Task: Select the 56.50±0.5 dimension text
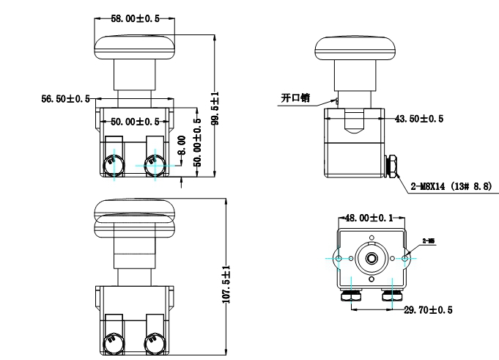click(x=65, y=98)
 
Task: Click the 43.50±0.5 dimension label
click(x=419, y=118)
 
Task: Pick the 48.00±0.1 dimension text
click(x=372, y=218)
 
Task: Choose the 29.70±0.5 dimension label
click(x=428, y=310)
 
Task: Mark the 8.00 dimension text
click(x=182, y=143)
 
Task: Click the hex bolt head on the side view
click(x=393, y=166)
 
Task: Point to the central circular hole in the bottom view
click(x=372, y=258)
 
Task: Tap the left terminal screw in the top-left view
click(x=113, y=165)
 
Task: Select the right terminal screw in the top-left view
click(x=154, y=165)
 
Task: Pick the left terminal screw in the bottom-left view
click(x=113, y=344)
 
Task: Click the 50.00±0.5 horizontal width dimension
click(x=135, y=121)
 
